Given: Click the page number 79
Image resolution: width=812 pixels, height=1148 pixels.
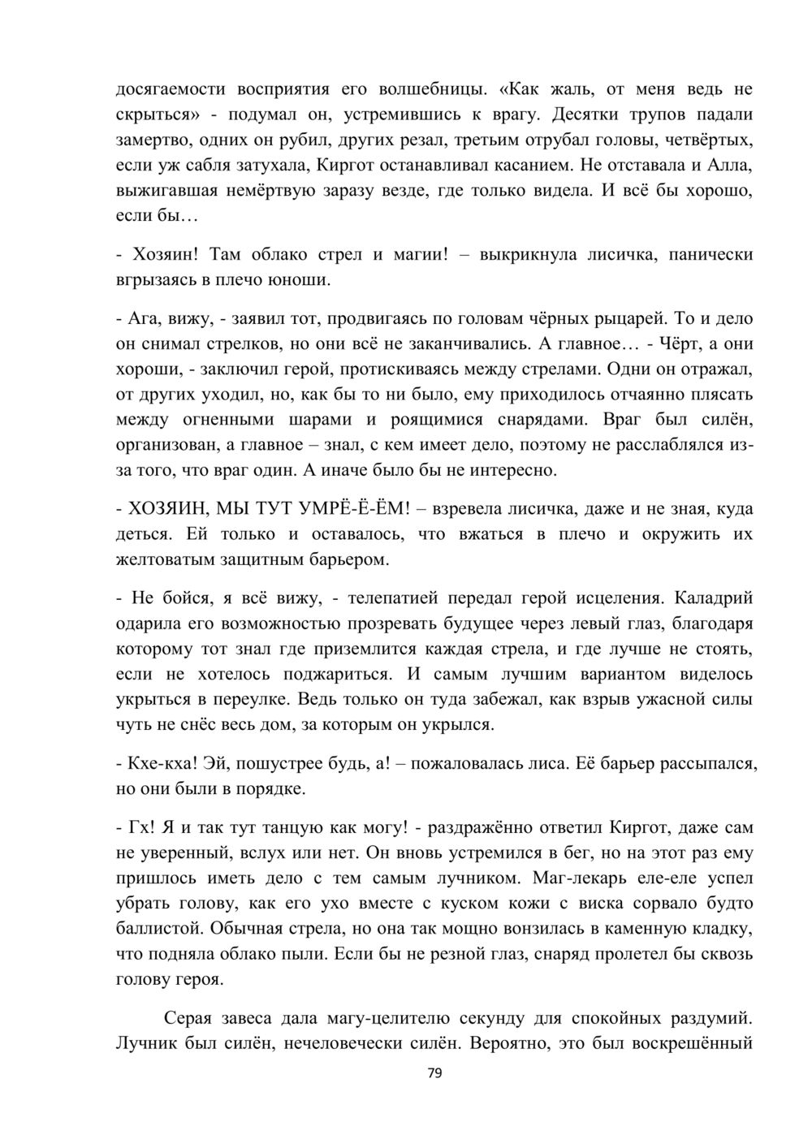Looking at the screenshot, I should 434,1074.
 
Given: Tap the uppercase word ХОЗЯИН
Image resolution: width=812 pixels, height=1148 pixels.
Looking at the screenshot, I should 166,510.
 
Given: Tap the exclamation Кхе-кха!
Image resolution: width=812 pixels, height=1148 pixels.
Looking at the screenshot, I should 162,763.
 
